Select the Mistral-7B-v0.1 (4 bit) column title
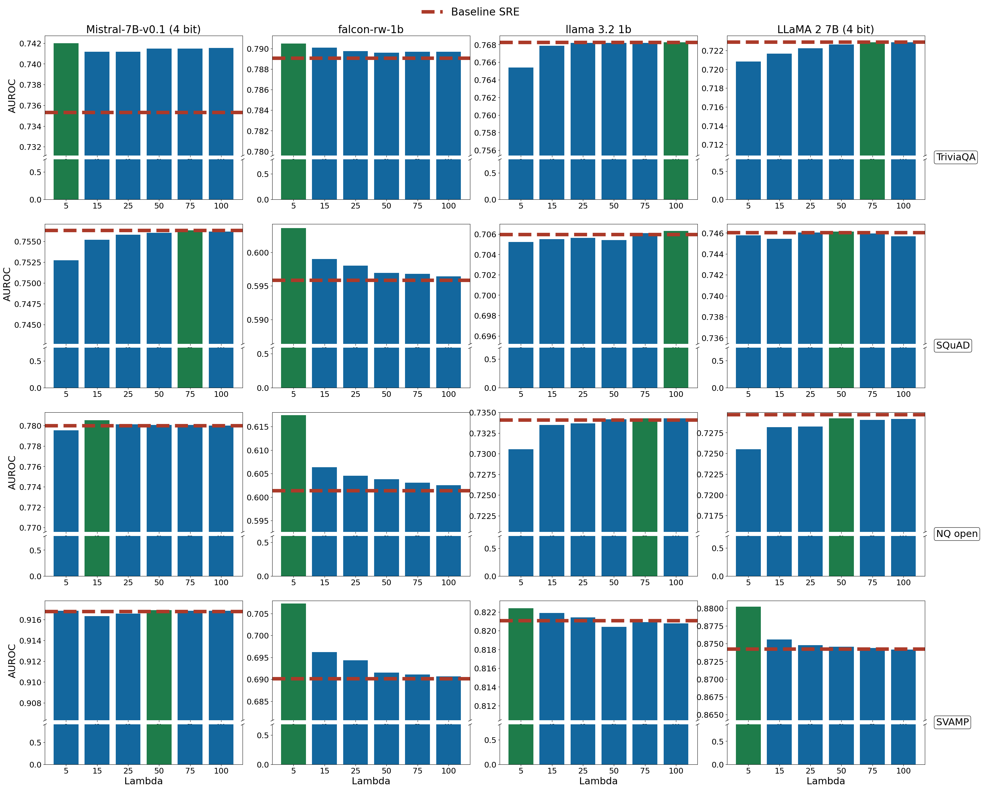143,30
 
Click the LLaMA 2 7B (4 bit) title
825,30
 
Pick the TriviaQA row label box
955,157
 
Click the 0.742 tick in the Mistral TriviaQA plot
30,44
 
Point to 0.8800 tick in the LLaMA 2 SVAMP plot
710,609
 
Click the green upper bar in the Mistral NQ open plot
97,475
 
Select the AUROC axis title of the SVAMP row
12,661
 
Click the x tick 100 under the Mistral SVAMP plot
221,771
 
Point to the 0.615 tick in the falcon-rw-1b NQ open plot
257,427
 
